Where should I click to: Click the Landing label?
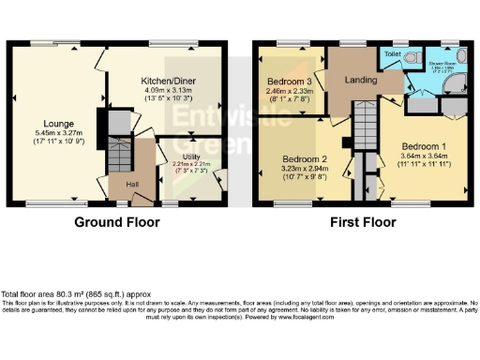coord(360,81)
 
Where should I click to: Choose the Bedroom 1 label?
coord(427,147)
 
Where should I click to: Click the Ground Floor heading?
coord(117,222)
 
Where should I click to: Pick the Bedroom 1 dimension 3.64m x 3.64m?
coord(427,158)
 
